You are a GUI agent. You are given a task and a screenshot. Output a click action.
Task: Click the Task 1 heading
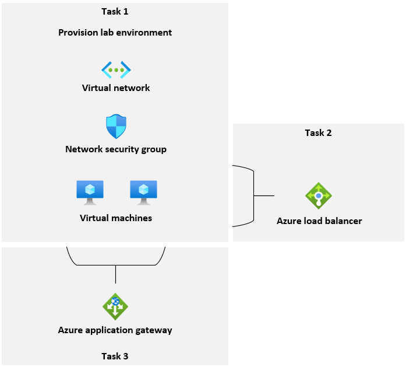(115, 11)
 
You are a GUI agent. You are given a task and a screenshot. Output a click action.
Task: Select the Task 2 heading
(318, 132)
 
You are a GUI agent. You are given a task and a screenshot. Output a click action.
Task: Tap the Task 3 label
(115, 356)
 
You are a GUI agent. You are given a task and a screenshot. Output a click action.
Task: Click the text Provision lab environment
(115, 32)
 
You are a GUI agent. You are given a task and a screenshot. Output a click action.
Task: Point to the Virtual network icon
(116, 70)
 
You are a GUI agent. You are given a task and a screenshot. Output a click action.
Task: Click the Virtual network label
(116, 88)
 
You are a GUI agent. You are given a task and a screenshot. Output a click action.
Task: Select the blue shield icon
(116, 126)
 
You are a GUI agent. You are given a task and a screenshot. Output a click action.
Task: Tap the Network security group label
(116, 149)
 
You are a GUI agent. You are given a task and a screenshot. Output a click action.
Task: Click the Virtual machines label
(116, 218)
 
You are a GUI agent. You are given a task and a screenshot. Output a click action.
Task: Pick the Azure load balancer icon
(319, 195)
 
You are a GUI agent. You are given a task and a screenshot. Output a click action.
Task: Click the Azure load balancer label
(319, 221)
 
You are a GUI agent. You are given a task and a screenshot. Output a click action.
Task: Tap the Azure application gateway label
(115, 330)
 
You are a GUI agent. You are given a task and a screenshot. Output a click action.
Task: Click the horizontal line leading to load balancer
(265, 195)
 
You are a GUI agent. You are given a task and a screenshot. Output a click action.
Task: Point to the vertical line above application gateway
(115, 274)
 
